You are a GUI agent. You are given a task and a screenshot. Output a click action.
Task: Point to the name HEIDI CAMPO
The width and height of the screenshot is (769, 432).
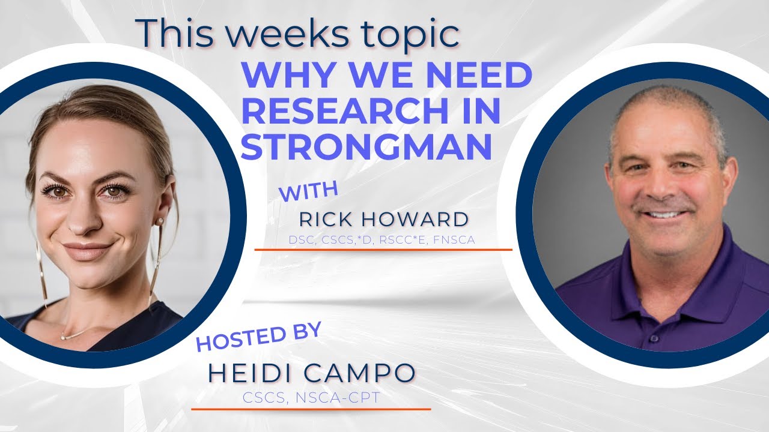311,373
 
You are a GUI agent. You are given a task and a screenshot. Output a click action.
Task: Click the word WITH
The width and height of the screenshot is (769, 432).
309,193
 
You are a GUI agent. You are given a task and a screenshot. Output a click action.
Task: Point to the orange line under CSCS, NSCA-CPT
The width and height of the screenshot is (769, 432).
311,409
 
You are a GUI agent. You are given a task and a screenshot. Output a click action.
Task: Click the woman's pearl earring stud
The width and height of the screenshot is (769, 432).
160,221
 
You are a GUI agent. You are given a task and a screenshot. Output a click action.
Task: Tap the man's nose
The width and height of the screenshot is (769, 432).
660,189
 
